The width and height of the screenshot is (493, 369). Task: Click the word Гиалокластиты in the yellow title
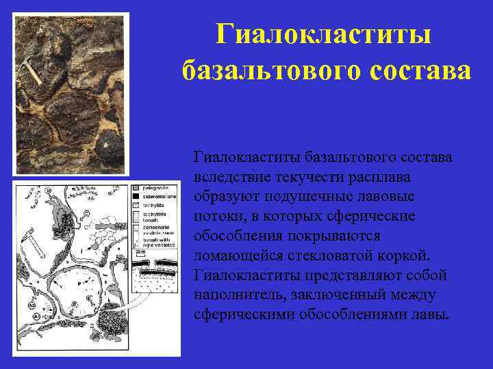coord(324,35)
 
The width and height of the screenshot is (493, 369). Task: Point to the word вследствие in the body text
coord(231,177)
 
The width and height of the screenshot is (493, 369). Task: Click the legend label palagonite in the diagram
coord(156,187)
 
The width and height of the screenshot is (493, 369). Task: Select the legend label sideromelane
coord(159,195)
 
